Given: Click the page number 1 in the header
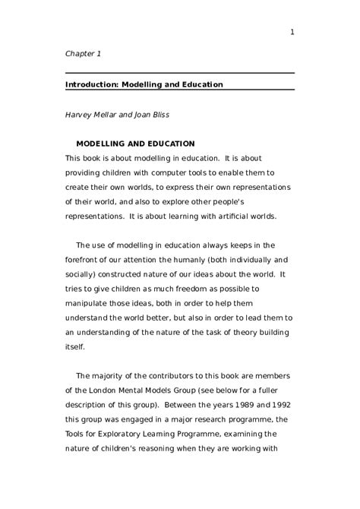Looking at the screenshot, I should [292, 31].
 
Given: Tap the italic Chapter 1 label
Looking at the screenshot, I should [83, 54].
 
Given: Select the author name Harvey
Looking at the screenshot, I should [81, 115].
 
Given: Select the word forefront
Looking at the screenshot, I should [86, 259].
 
